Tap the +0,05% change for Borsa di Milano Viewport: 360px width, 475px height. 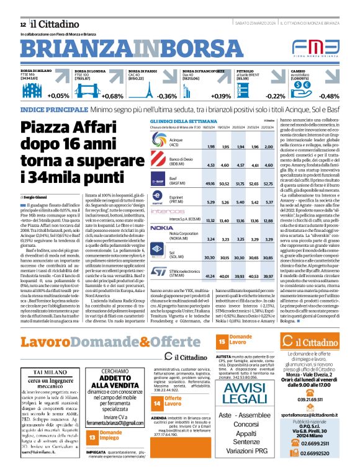58,96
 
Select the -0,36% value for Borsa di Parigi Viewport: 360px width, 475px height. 167,96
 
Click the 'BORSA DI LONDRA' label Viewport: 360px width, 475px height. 89,71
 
